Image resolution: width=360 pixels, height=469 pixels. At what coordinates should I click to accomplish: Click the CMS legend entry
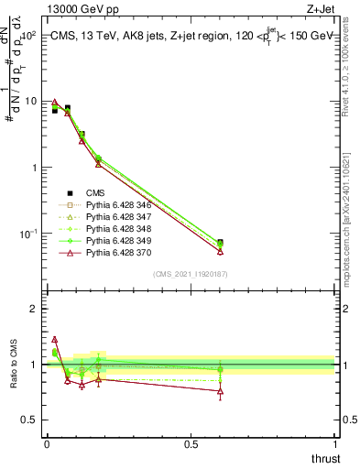click(95, 193)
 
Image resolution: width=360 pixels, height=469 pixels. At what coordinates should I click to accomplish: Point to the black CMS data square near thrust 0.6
click(220, 244)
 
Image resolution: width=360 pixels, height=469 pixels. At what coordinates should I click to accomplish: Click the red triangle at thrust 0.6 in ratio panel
click(220, 392)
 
